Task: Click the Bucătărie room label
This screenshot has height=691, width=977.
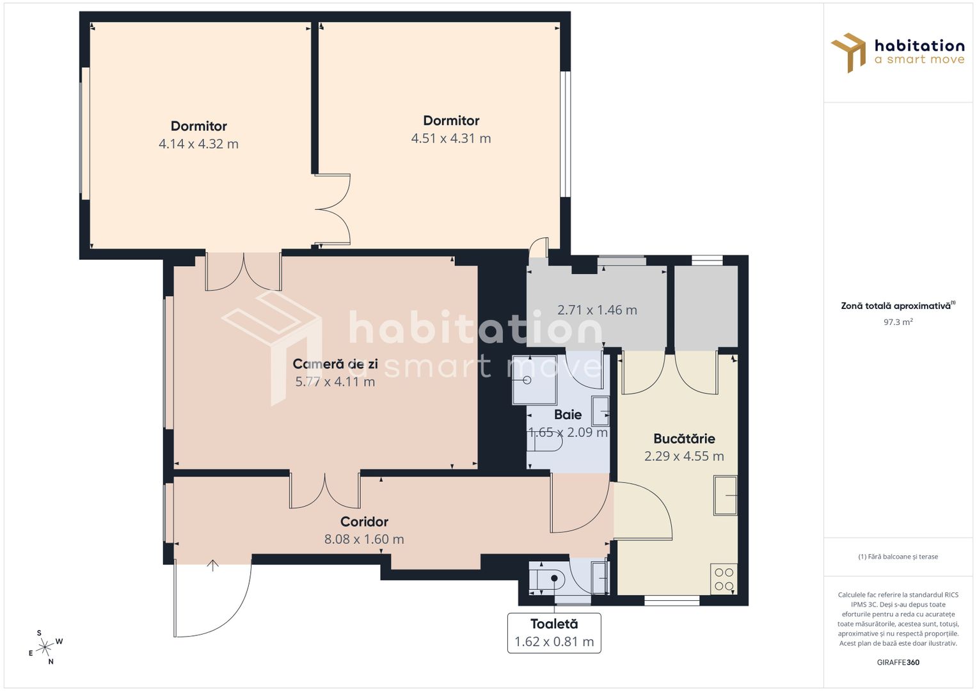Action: [684, 439]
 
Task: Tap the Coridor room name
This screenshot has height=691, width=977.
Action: [364, 521]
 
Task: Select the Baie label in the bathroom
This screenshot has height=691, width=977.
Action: [568, 415]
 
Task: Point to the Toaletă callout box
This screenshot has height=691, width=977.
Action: [554, 633]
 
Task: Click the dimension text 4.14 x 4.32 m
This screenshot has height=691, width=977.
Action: [198, 144]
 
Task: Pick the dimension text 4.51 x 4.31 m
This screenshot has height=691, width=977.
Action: [451, 138]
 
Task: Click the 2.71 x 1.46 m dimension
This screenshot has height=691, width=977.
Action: [597, 310]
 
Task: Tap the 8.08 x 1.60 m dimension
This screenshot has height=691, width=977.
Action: [364, 539]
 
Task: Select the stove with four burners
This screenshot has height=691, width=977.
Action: [724, 579]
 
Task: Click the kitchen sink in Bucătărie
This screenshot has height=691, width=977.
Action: [726, 495]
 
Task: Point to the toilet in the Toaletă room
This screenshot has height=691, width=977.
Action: [548, 578]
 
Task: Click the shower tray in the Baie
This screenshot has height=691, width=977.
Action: [534, 381]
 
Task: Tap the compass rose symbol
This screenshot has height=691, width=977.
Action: [45, 647]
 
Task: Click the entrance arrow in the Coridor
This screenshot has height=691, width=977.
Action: [213, 565]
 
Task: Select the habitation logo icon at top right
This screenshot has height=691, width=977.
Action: [848, 52]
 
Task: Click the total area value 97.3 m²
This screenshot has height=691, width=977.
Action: [898, 322]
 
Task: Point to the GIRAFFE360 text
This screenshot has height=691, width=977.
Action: [898, 662]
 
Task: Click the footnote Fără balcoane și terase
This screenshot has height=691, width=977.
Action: [898, 557]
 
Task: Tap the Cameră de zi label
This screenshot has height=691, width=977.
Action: [335, 364]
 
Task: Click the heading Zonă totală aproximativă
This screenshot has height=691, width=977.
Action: [896, 306]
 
